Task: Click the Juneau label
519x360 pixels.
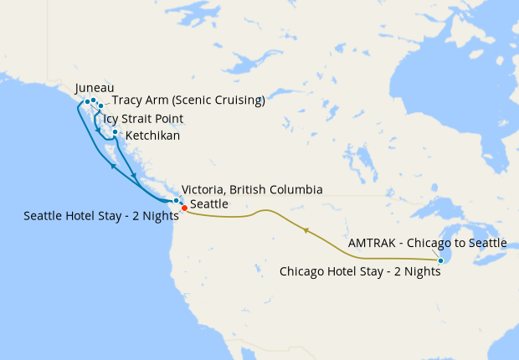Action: point(94,87)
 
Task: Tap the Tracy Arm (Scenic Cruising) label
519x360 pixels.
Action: point(188,101)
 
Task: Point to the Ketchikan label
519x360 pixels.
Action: point(152,136)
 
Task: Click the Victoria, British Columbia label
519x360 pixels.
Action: point(253,190)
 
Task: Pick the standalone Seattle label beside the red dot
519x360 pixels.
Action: point(209,204)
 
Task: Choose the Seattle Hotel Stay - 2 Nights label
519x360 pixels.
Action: point(101,216)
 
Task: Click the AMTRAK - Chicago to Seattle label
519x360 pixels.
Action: point(428,243)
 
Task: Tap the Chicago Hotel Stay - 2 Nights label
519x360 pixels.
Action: point(360,271)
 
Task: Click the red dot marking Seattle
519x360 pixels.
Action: point(184,208)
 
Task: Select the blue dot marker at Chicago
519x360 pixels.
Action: point(440,260)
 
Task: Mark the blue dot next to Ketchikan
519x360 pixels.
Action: point(115,131)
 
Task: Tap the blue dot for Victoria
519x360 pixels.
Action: point(176,201)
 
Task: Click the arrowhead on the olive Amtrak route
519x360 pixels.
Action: point(306,229)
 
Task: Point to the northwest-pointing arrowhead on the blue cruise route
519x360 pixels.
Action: point(111,166)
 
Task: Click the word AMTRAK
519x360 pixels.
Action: point(370,243)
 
